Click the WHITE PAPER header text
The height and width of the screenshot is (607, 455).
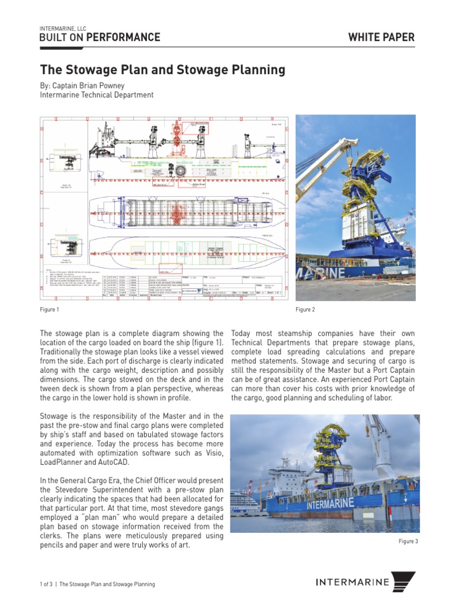[x=381, y=37]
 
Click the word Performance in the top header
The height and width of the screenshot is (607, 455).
[x=123, y=37]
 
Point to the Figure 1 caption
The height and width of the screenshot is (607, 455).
[x=49, y=309]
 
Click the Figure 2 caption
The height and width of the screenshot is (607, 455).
[x=305, y=309]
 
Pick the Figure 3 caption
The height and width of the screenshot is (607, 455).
[x=409, y=541]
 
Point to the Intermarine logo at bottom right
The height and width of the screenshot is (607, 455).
[x=365, y=582]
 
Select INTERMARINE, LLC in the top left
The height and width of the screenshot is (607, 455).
[x=63, y=28]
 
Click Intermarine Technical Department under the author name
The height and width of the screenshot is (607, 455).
[x=97, y=95]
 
